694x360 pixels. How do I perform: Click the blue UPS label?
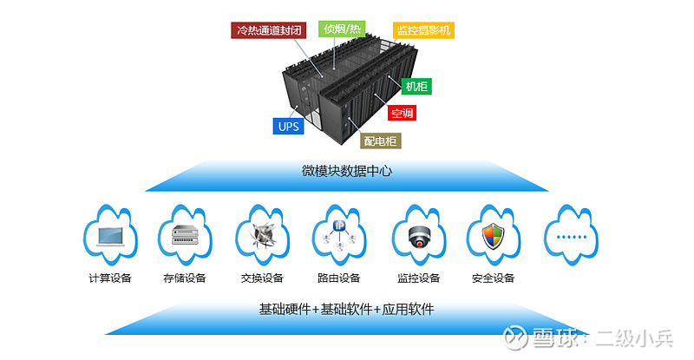point(288,126)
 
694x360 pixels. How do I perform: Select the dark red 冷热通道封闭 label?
point(268,30)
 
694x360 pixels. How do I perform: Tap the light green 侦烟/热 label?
point(342,29)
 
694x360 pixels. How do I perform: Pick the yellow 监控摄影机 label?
point(423,30)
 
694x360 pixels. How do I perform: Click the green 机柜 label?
point(416,87)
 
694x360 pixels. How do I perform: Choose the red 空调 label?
point(402,113)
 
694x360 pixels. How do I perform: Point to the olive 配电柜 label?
point(380,141)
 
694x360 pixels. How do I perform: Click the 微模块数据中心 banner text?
point(346,171)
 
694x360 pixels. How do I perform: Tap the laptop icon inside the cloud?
point(111,237)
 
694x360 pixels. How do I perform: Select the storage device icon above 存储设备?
point(186,235)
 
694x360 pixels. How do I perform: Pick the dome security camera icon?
point(418,237)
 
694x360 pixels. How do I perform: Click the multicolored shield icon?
point(493,237)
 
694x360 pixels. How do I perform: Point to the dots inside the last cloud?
point(572,237)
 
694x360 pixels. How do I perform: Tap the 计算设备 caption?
point(110,278)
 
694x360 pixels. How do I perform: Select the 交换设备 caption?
point(262,278)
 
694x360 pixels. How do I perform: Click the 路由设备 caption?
point(339,278)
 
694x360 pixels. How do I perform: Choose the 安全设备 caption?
point(493,278)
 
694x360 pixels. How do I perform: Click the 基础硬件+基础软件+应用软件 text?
point(346,309)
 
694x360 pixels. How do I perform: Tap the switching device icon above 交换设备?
point(263,235)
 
